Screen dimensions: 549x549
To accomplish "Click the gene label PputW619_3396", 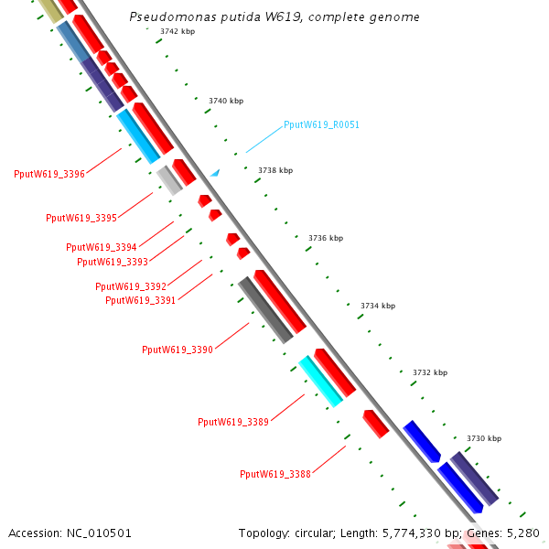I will click(x=49, y=174).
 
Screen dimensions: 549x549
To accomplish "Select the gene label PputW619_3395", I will click(x=81, y=218).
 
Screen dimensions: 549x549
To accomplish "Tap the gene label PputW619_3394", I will click(x=101, y=247).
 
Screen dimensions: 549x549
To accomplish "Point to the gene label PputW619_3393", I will click(x=113, y=262).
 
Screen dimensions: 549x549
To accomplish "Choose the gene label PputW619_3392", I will click(x=131, y=286).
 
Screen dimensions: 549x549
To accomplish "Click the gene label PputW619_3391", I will click(x=141, y=300).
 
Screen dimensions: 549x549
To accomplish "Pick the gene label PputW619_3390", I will click(x=178, y=350).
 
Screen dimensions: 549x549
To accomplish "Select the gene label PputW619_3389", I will click(x=233, y=422).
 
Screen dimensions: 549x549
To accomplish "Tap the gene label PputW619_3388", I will click(x=275, y=474).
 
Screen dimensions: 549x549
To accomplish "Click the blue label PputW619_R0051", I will click(x=321, y=124).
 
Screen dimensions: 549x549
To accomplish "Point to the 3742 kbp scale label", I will click(x=176, y=31).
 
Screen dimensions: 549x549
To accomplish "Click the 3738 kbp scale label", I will click(x=275, y=170).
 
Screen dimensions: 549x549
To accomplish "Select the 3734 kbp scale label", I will click(x=378, y=306).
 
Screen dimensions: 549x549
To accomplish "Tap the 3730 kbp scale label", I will click(x=484, y=439).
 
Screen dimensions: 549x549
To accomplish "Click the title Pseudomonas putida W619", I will click(x=274, y=16).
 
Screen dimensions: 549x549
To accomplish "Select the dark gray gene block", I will click(x=265, y=310).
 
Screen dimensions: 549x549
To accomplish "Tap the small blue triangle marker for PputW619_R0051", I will click(x=215, y=172).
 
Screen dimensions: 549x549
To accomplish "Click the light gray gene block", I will click(x=169, y=179).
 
